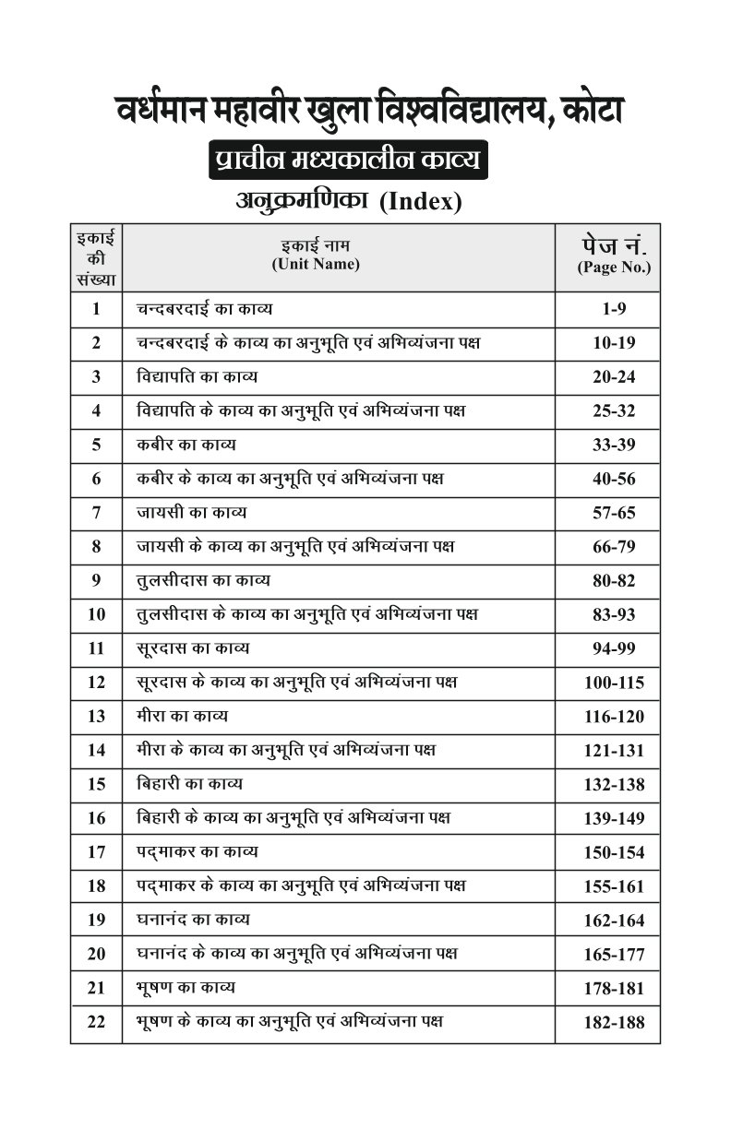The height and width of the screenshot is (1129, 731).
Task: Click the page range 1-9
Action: point(614,309)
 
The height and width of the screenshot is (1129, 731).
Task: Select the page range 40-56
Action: point(614,479)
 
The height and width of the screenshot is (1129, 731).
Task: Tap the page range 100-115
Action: point(614,683)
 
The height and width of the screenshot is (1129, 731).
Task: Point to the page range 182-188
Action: point(614,1022)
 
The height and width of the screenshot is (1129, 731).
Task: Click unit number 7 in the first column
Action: point(96,513)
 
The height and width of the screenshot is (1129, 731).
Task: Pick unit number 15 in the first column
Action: point(96,785)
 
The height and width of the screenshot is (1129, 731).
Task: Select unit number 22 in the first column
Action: point(96,1022)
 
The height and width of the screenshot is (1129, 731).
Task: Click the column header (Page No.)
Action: point(614,268)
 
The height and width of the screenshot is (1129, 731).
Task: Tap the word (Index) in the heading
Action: point(420,200)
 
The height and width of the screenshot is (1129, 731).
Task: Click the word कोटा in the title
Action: point(582,112)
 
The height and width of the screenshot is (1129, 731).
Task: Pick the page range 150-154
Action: point(614,852)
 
